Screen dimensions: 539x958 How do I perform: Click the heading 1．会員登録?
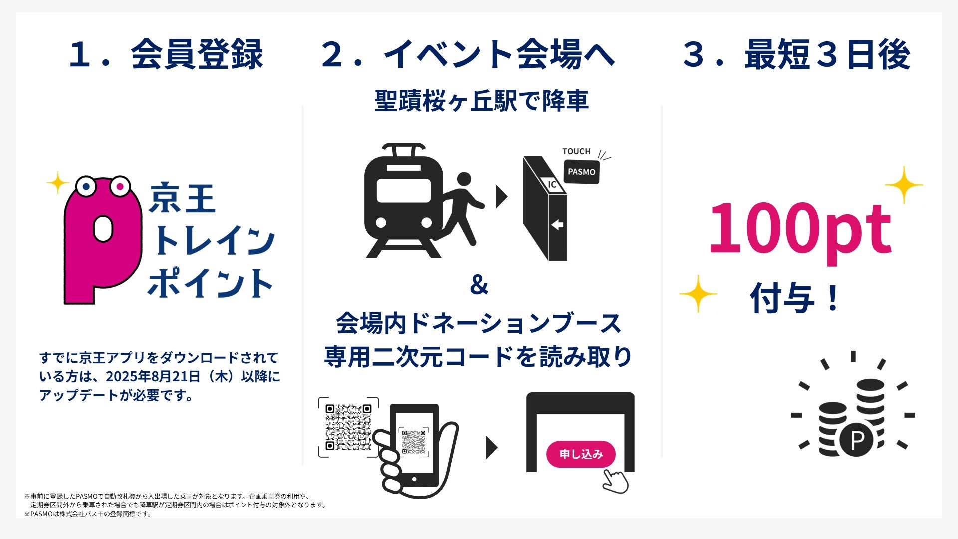coord(166,55)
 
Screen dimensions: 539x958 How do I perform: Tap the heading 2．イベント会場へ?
coord(468,55)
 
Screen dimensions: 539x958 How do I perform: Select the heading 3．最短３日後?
coord(796,55)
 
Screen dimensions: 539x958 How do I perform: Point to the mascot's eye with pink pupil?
coord(120,187)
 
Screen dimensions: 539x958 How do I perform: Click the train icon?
coord(403,200)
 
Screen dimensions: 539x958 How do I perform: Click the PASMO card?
coord(581,172)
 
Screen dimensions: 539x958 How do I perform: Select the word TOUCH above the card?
coord(576,151)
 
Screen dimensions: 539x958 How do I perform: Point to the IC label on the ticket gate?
coord(552,184)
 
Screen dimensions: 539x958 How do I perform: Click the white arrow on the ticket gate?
coord(557,225)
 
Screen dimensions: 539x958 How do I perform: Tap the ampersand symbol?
coord(479,285)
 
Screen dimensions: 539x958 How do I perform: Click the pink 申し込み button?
coord(581,454)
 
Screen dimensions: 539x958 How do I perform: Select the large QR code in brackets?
coord(348,427)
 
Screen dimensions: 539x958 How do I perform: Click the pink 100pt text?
coord(800,229)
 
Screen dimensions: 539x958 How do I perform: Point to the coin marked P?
coord(856,440)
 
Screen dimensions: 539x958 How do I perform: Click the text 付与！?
coord(795,298)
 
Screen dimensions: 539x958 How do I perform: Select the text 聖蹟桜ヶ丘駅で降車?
coord(481,101)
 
